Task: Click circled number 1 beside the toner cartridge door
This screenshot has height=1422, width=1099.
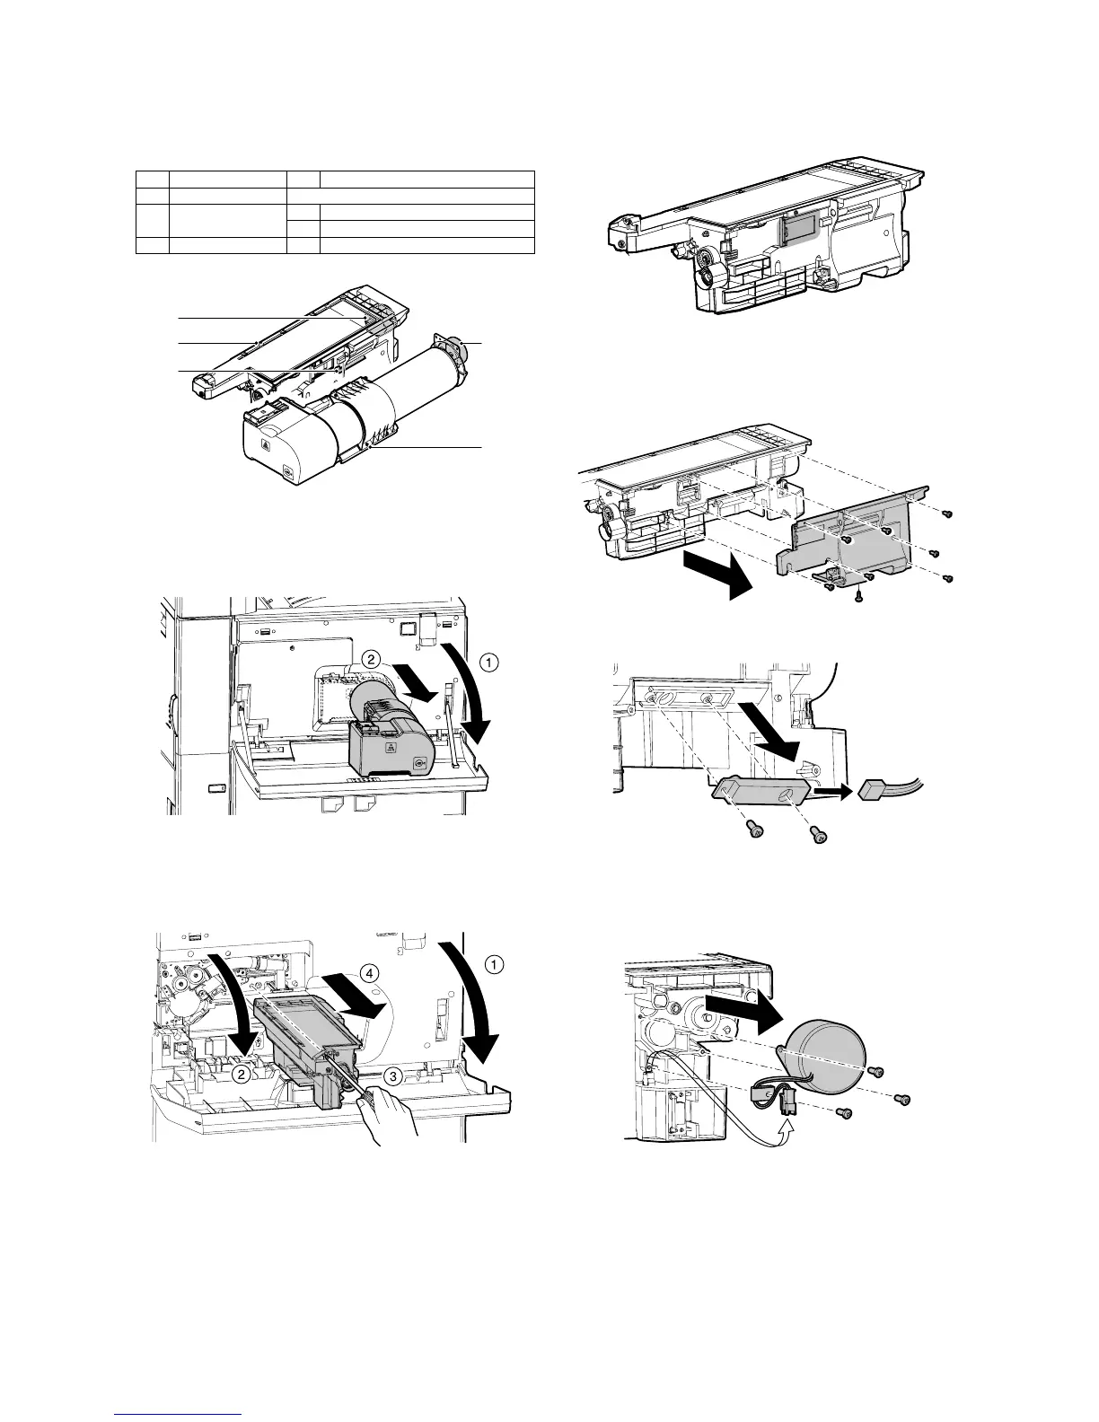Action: (x=488, y=663)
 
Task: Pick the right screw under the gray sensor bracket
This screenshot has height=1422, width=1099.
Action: (x=819, y=836)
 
